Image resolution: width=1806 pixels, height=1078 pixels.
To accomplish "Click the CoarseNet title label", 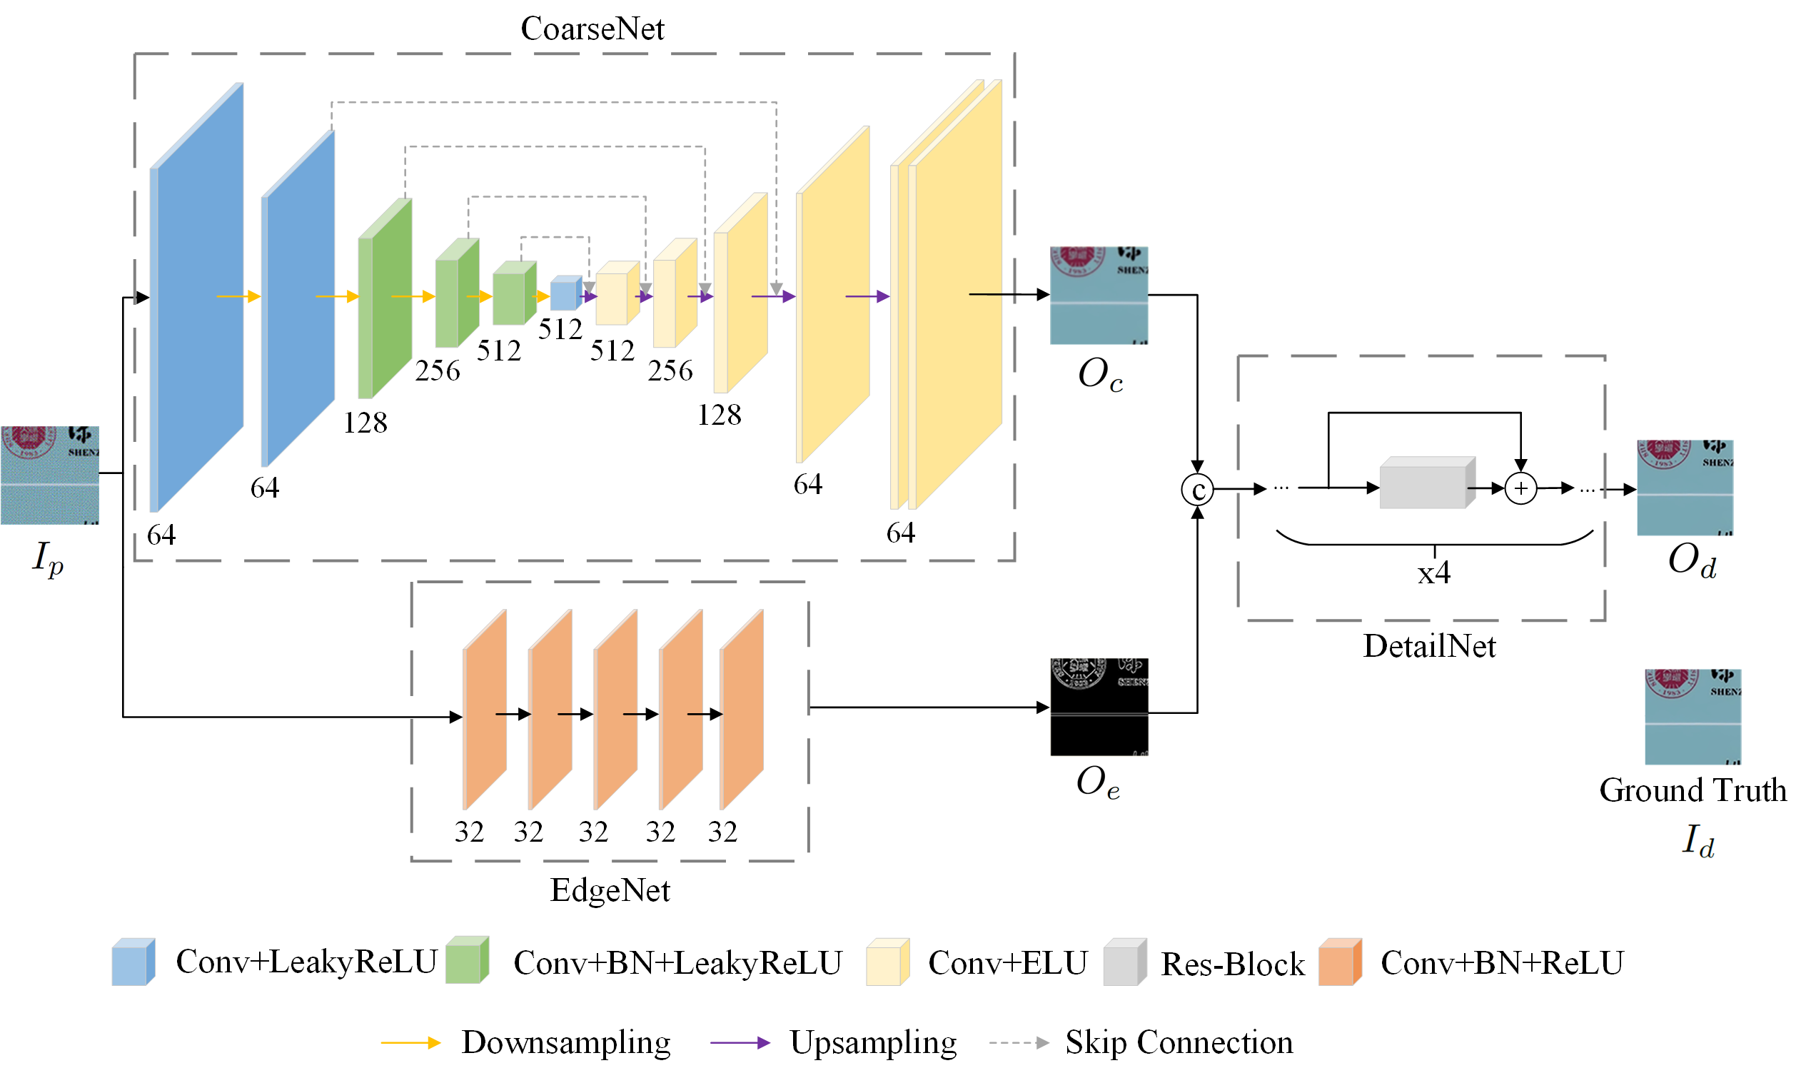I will click(592, 29).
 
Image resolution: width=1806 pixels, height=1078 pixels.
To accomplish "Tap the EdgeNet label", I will click(610, 890).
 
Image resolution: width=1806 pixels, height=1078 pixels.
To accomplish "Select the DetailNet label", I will click(1428, 646).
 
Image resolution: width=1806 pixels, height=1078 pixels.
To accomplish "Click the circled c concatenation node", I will click(1196, 490).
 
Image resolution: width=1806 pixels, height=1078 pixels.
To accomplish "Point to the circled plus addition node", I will click(1520, 488).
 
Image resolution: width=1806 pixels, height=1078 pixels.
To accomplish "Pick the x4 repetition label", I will click(1433, 573).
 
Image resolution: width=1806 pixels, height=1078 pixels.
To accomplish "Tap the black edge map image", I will click(1099, 707).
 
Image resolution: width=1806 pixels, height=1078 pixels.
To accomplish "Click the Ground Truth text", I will click(1692, 790).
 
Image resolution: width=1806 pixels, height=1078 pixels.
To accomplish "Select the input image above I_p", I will click(49, 475).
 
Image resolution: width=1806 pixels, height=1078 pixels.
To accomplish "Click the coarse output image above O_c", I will click(1098, 295).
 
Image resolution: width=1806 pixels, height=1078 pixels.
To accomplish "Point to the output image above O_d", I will click(1685, 488).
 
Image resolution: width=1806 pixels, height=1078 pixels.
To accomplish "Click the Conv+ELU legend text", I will click(1007, 963).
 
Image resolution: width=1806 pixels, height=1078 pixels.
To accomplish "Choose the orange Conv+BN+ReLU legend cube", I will click(1339, 962).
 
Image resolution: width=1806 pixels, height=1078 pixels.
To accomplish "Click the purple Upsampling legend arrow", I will click(740, 1043).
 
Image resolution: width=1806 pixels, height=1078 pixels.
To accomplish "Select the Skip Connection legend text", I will click(1179, 1042).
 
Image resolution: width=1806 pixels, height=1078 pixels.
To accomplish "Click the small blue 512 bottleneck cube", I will click(565, 293).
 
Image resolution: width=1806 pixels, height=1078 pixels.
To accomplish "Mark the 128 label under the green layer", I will click(365, 423).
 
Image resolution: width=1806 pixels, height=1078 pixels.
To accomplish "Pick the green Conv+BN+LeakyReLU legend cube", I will click(466, 962).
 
